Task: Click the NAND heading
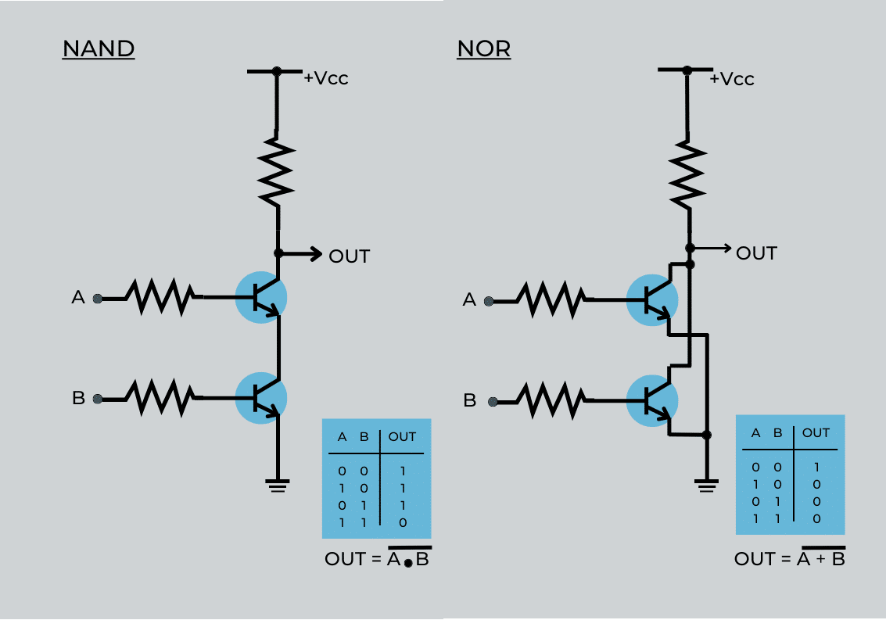(99, 49)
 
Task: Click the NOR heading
(483, 49)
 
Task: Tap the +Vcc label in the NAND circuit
(325, 78)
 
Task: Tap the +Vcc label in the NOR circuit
(731, 79)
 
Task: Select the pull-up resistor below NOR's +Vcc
(688, 174)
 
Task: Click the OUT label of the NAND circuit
(349, 256)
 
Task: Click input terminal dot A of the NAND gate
(97, 298)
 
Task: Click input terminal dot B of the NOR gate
(492, 402)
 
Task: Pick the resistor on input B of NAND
(160, 398)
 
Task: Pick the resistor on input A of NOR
(551, 299)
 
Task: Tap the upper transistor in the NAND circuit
(261, 298)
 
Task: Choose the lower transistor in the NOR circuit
(653, 401)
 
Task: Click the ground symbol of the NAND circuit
(277, 485)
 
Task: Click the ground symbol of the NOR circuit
(706, 486)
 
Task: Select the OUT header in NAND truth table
(402, 437)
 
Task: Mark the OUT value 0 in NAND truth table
(402, 521)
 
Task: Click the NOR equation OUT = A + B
(789, 558)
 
